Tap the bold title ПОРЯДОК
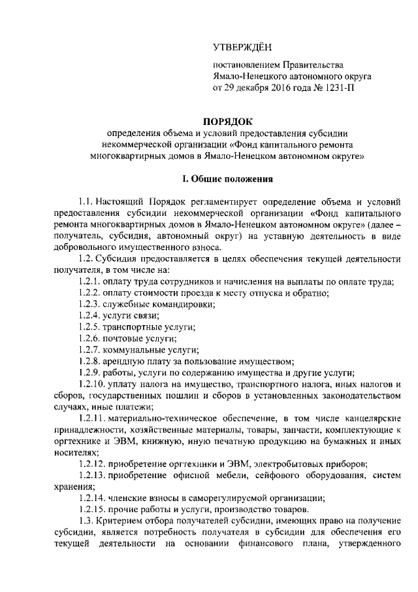coord(227,121)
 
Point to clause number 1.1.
coord(86,200)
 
